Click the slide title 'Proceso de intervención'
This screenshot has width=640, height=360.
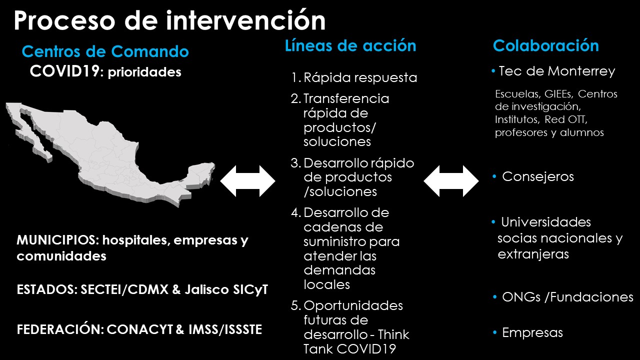pos(169,20)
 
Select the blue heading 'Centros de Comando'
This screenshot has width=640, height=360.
pos(105,51)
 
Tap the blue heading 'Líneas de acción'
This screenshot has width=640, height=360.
pos(350,45)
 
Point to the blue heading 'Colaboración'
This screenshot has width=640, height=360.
pos(545,45)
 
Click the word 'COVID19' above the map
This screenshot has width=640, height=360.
pos(64,71)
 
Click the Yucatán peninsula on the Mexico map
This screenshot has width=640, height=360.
pos(200,174)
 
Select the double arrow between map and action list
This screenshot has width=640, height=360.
pos(247,181)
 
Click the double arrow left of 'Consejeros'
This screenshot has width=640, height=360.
pos(451,181)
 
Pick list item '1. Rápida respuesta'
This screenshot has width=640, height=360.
pos(354,77)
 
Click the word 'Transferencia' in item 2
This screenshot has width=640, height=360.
pos(346,98)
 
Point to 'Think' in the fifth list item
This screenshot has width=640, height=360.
pos(393,334)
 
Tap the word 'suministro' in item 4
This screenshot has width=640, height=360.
pos(334,241)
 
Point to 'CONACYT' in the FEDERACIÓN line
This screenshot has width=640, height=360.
pos(139,329)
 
